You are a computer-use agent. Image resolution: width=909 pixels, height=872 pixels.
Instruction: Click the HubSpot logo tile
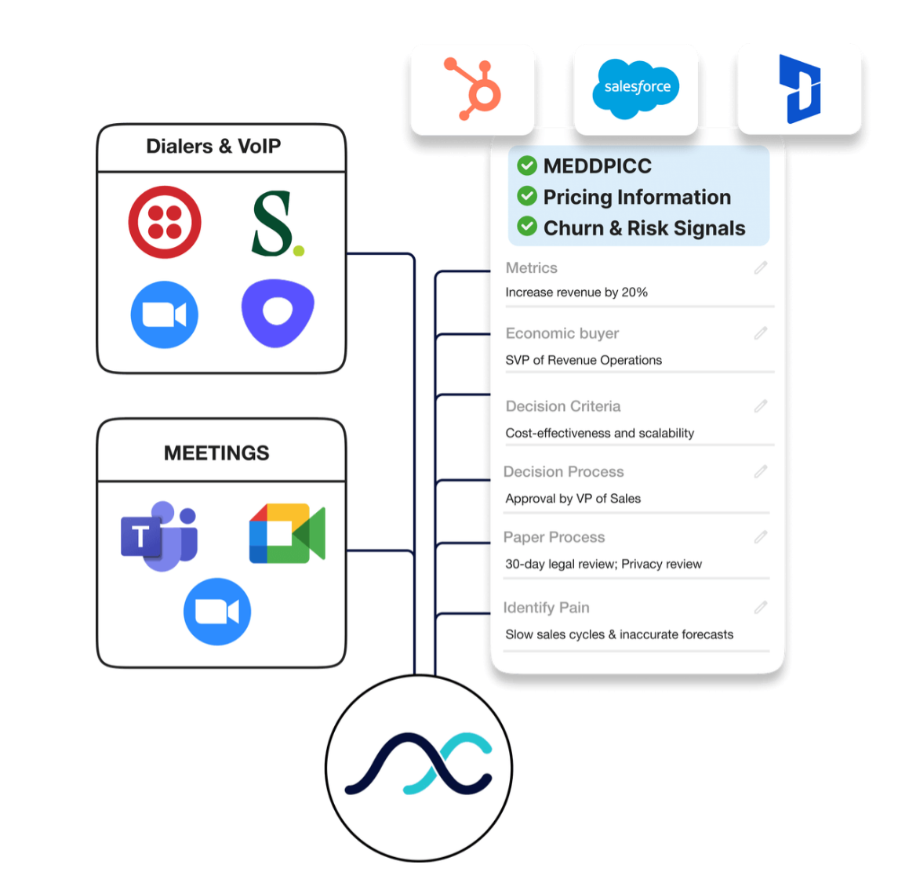[473, 89]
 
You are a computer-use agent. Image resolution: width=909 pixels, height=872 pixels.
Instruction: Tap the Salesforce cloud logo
[636, 88]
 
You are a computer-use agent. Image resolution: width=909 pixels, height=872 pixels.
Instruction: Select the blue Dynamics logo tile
[799, 89]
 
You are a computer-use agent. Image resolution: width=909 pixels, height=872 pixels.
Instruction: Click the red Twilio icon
[165, 222]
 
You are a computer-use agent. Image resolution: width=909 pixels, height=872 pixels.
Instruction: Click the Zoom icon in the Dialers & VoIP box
[165, 314]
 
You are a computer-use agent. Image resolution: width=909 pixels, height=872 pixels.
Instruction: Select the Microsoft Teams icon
[159, 536]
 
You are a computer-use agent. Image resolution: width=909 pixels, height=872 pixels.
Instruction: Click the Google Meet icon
[287, 534]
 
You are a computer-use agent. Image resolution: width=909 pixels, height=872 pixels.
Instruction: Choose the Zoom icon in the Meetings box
[217, 612]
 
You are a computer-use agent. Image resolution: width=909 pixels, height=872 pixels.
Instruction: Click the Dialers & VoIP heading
[213, 147]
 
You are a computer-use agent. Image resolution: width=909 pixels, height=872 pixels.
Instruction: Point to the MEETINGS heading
[216, 453]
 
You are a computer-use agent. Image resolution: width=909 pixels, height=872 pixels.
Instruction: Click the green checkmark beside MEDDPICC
[527, 165]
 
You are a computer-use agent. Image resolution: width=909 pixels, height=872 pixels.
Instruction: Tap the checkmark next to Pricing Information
[527, 196]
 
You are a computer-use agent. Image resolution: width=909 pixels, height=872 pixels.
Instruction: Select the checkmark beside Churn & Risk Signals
[527, 227]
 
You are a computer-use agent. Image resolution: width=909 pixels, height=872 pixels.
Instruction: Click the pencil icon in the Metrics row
[760, 268]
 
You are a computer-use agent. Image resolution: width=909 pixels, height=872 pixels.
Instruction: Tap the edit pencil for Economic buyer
[760, 333]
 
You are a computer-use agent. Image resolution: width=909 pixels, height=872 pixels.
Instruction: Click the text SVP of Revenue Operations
[584, 360]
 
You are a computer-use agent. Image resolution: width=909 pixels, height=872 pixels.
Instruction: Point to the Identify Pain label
[546, 608]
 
